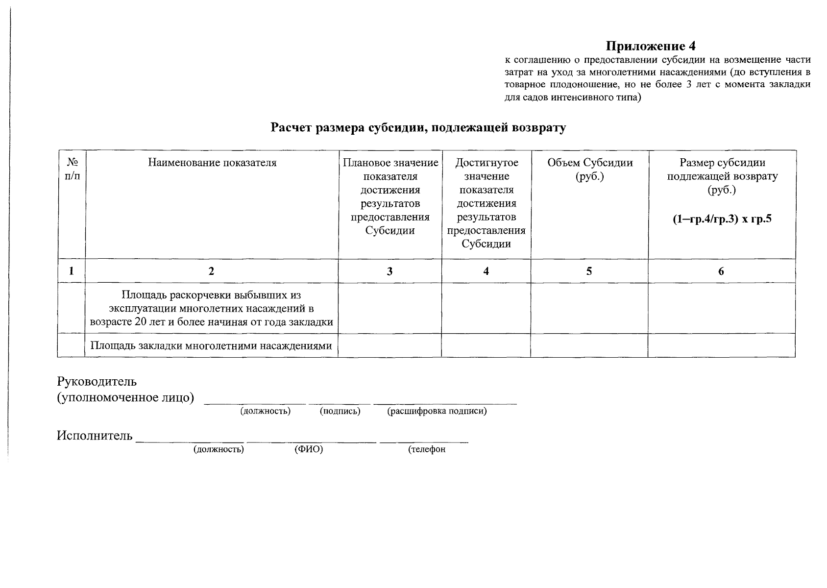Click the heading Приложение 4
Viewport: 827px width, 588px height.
coord(651,46)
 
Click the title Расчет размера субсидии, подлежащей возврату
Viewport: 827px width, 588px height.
coord(418,128)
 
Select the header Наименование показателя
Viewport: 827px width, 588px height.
coord(212,163)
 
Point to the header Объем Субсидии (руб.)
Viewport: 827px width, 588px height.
coord(589,169)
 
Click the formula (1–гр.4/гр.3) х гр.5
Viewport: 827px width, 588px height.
coord(722,219)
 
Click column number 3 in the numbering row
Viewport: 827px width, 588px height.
coord(389,271)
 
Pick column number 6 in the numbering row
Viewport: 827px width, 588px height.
coord(721,271)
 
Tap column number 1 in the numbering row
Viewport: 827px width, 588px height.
coord(72,271)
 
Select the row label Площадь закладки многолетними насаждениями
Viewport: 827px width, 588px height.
coord(211,346)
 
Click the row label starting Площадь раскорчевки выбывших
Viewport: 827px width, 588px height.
coord(211,309)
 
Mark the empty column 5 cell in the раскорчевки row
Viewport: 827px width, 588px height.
coord(589,308)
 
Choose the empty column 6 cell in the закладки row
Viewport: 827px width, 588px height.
coord(721,345)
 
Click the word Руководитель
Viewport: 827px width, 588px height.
coord(97,381)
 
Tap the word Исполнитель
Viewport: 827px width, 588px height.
coord(95,436)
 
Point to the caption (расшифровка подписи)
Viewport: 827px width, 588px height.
coord(437,411)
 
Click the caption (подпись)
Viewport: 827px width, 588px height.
coord(340,411)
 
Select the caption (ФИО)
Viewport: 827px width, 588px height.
coord(309,449)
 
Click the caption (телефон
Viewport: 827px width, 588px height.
coord(427,449)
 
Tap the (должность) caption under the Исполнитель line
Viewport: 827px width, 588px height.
coord(219,449)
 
